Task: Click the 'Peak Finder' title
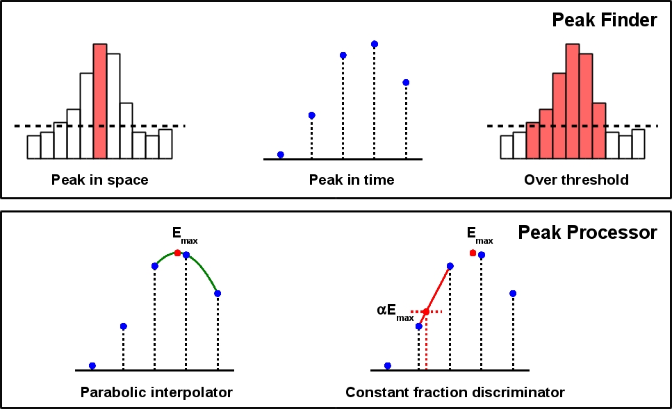click(x=604, y=21)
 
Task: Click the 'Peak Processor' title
click(x=587, y=233)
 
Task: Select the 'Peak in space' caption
click(x=99, y=180)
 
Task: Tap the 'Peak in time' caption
click(x=352, y=180)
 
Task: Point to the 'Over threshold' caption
click(x=576, y=180)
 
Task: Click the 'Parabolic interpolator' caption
click(x=156, y=392)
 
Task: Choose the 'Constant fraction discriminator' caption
click(x=455, y=392)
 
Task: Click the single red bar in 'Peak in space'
click(x=100, y=101)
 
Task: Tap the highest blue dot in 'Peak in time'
click(x=375, y=44)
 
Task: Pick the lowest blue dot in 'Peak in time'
click(x=280, y=154)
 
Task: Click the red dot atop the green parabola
click(x=178, y=253)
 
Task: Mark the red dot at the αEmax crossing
click(x=426, y=312)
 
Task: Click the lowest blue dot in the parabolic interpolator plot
click(x=92, y=365)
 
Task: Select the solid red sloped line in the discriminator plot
click(x=439, y=287)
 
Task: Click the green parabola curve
click(x=206, y=272)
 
